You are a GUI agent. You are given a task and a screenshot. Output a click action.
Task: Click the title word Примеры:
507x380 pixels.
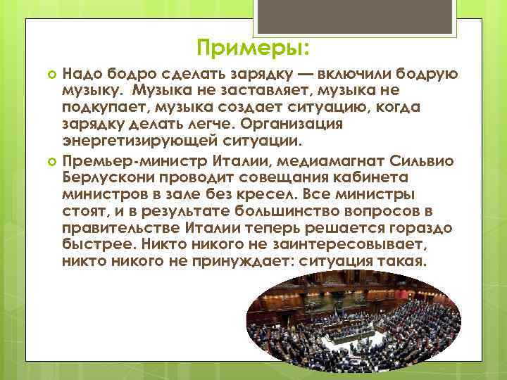tap(253, 49)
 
